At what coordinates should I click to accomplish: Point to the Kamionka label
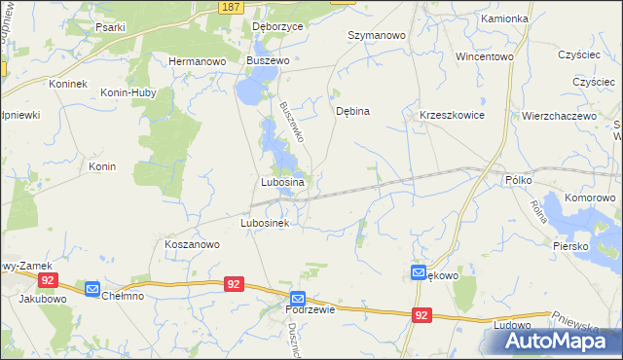504,18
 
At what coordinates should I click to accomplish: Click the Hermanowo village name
197,60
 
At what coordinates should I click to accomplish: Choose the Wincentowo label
484,56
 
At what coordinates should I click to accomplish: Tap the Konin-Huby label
134,84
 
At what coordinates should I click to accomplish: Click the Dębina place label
352,111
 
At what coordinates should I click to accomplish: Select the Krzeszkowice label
452,115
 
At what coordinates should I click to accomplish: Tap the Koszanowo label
192,245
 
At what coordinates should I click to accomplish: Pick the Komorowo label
591,198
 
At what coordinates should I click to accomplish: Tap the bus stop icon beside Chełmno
92,289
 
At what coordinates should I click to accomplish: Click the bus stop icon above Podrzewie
298,299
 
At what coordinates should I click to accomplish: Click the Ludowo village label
512,325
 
